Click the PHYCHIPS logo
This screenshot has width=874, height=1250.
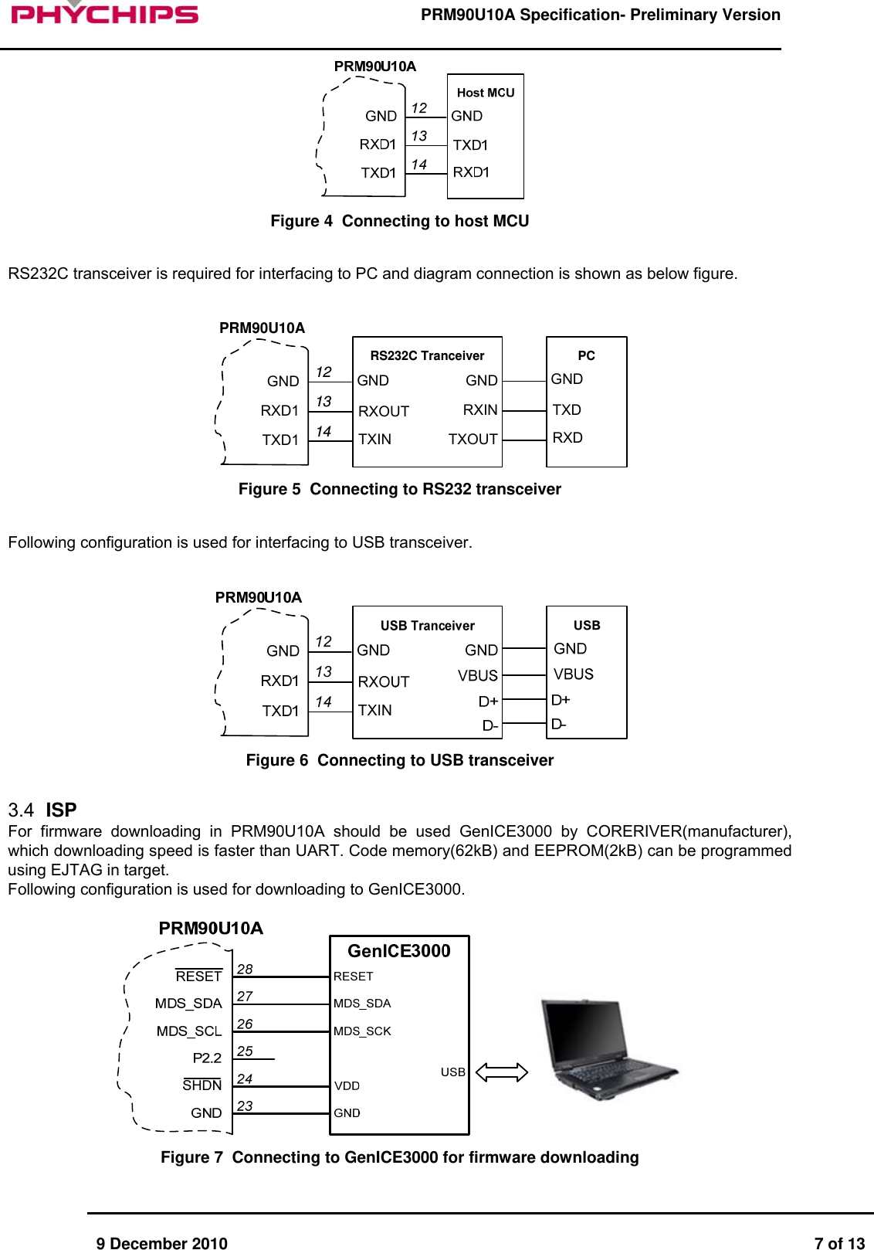click(104, 13)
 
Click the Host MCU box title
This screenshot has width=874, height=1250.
click(485, 93)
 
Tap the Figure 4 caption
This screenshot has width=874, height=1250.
click(399, 221)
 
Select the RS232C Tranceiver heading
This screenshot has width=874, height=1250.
click(427, 355)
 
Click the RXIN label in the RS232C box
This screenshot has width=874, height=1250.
click(479, 409)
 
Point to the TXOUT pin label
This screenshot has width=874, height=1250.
click(473, 439)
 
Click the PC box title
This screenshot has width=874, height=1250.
click(586, 355)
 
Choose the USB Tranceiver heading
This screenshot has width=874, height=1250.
click(427, 626)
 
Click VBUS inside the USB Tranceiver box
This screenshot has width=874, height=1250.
click(477, 675)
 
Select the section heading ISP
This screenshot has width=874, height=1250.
click(61, 810)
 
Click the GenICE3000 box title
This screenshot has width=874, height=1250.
click(398, 951)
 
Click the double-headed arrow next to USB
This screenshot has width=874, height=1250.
click(501, 1072)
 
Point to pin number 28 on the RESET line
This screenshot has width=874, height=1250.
click(245, 970)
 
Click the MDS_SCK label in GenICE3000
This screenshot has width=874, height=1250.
click(362, 1031)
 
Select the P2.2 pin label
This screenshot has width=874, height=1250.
click(207, 1058)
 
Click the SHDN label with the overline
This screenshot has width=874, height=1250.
click(202, 1085)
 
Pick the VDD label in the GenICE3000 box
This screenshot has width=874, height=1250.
click(347, 1085)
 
